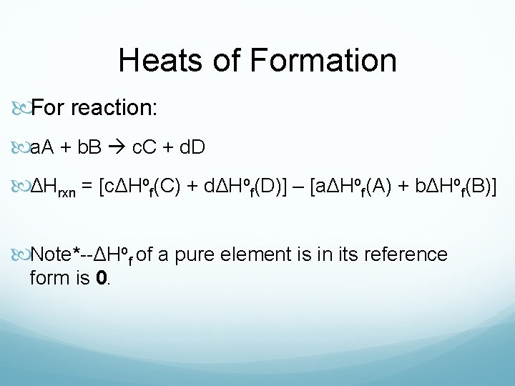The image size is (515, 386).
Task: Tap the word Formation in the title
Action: pos(323,61)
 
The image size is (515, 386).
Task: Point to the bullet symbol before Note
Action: pos(21,254)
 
